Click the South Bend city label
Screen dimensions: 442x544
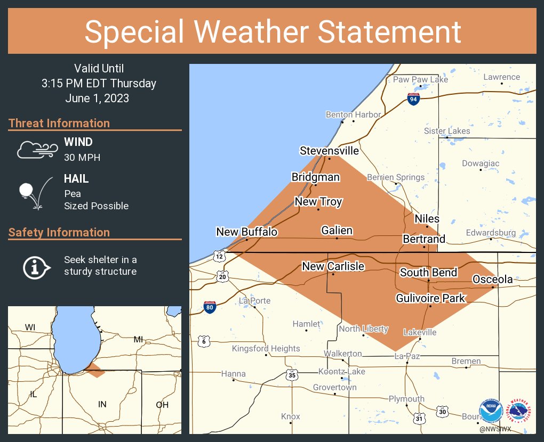tap(428, 273)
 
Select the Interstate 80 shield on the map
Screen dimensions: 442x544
tap(210, 308)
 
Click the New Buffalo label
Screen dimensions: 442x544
tap(246, 232)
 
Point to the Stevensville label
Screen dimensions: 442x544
tap(329, 151)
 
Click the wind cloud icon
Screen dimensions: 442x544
tap(36, 150)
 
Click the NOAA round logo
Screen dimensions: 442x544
tap(491, 411)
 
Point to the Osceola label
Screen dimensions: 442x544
tap(492, 280)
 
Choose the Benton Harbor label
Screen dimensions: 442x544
tap(353, 114)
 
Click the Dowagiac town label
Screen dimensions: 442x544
tap(481, 163)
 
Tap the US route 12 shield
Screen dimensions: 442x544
tap(219, 256)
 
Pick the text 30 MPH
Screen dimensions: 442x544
tap(82, 158)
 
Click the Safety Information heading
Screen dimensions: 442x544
tap(59, 232)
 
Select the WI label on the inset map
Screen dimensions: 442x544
tap(30, 327)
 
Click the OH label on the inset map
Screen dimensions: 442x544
tap(162, 405)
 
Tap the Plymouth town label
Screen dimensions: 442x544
tap(406, 399)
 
